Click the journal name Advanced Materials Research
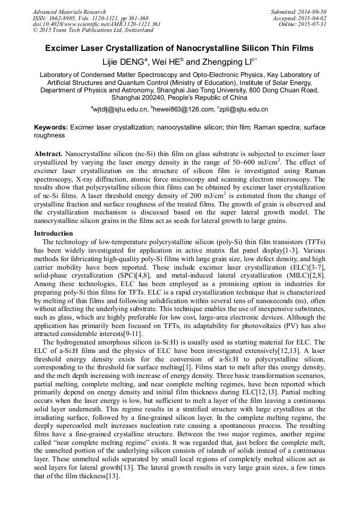[69, 12]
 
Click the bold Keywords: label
[51, 128]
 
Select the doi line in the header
[97, 24]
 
